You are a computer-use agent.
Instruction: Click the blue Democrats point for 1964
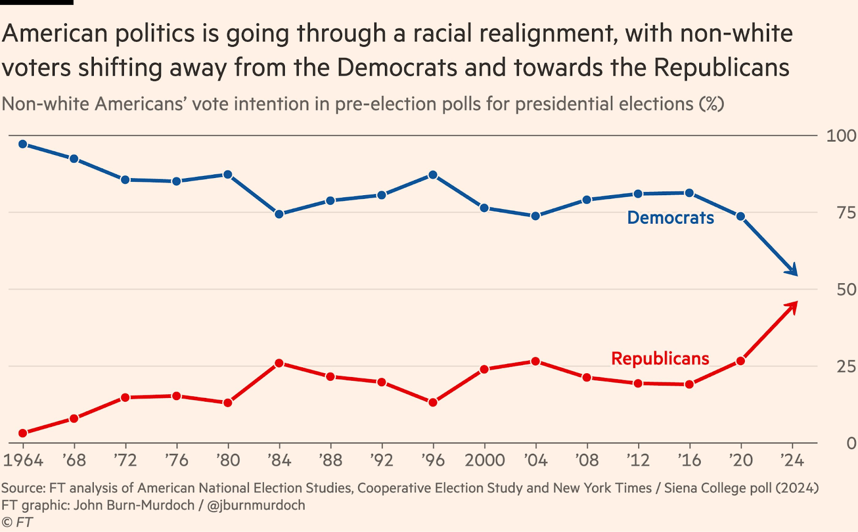pos(23,144)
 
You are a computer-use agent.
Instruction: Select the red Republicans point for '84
pos(279,363)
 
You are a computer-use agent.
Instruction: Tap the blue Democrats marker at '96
pos(433,175)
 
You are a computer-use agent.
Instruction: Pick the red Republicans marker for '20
pos(741,361)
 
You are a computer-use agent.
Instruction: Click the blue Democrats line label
pos(670,218)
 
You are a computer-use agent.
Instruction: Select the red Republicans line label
pos(660,358)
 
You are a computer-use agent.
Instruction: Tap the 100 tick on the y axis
pos(841,136)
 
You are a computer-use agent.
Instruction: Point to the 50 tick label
pos(846,290)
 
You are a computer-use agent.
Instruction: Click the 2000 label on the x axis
pos(485,460)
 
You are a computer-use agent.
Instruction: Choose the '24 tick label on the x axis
pos(792,460)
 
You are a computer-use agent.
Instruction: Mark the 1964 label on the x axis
pos(23,460)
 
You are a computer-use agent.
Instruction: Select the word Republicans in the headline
pos(721,68)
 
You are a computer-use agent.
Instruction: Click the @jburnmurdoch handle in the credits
pos(256,505)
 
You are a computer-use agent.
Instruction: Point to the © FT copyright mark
pos(17,522)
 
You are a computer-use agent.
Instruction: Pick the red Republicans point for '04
pos(535,361)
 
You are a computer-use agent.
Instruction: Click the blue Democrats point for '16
pos(689,193)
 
